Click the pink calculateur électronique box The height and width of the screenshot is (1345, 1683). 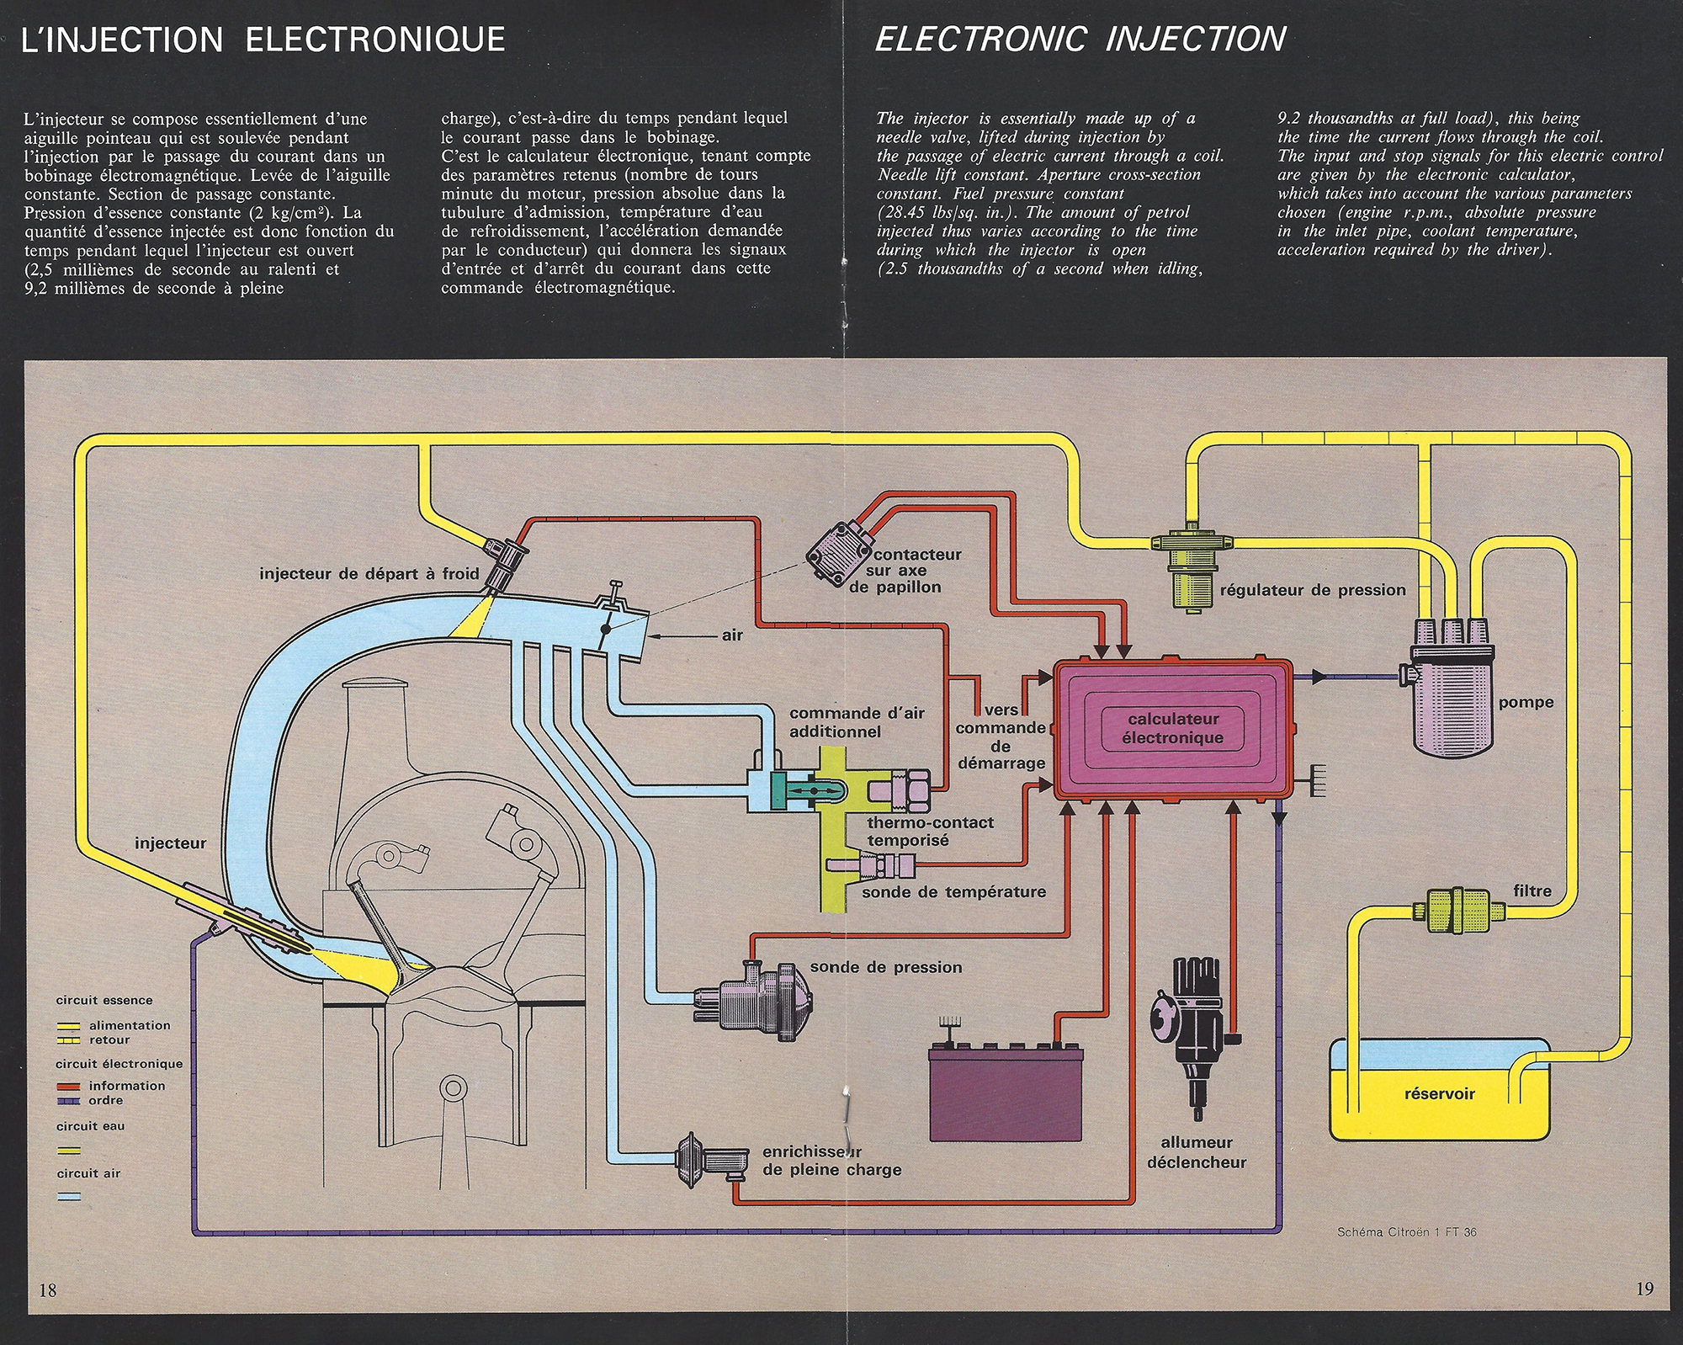(x=1171, y=729)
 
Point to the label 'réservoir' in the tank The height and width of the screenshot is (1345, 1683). (x=1439, y=1094)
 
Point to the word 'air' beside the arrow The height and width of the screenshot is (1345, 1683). (x=732, y=635)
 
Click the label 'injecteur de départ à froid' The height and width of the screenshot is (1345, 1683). (x=369, y=574)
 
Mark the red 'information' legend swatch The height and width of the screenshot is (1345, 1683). (x=68, y=1086)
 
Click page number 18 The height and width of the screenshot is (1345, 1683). (x=48, y=1289)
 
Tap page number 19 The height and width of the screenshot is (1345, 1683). (x=1644, y=1289)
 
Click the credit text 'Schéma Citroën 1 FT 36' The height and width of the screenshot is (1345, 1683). (x=1406, y=1232)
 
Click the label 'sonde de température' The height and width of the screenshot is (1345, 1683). (x=953, y=891)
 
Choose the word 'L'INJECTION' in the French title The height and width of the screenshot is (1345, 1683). (x=122, y=40)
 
